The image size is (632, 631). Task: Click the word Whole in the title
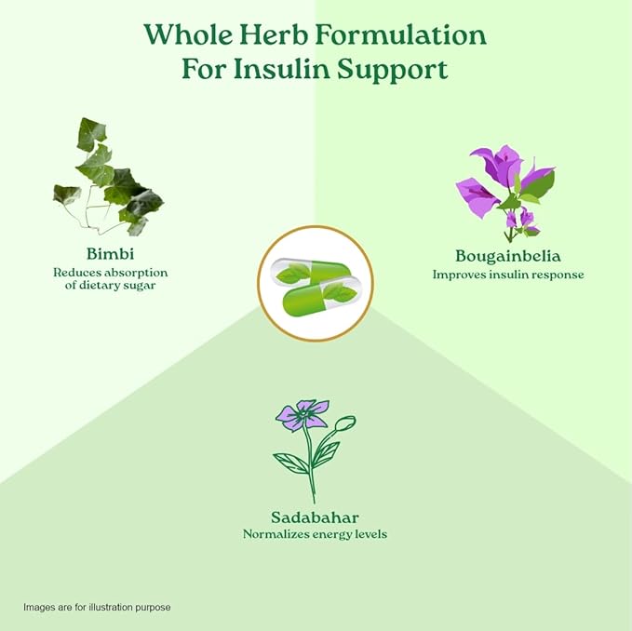[x=188, y=34]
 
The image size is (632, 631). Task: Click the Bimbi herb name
[x=110, y=254]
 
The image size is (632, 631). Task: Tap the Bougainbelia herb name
[x=508, y=256]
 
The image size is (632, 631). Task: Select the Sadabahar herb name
[x=315, y=517]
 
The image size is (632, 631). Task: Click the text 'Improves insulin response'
[x=508, y=275]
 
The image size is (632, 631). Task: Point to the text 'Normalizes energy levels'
[x=315, y=534]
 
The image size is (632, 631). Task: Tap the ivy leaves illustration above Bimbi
[x=108, y=177]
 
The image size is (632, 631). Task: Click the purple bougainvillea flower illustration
[x=505, y=194]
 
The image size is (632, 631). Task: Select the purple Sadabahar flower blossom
[x=302, y=415]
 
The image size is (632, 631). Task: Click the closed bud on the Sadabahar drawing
[x=345, y=423]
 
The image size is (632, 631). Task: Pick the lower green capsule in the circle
[x=321, y=295]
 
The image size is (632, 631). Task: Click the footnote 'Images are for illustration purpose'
[x=97, y=607]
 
